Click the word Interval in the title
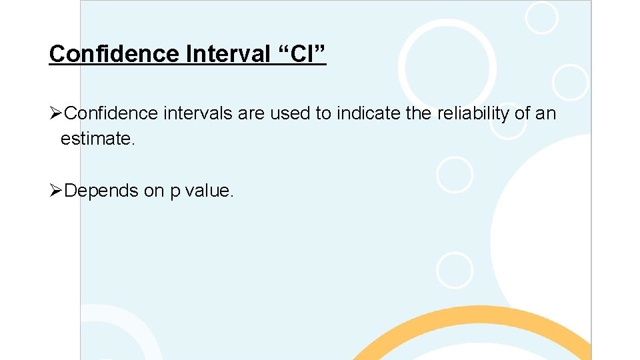pos(223,53)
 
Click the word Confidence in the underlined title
pos(113,53)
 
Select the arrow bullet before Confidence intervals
pos(56,114)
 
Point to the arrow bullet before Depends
pos(56,191)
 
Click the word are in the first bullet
pos(251,114)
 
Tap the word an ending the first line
pos(546,114)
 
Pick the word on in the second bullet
pos(153,191)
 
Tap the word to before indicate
pos(323,114)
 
